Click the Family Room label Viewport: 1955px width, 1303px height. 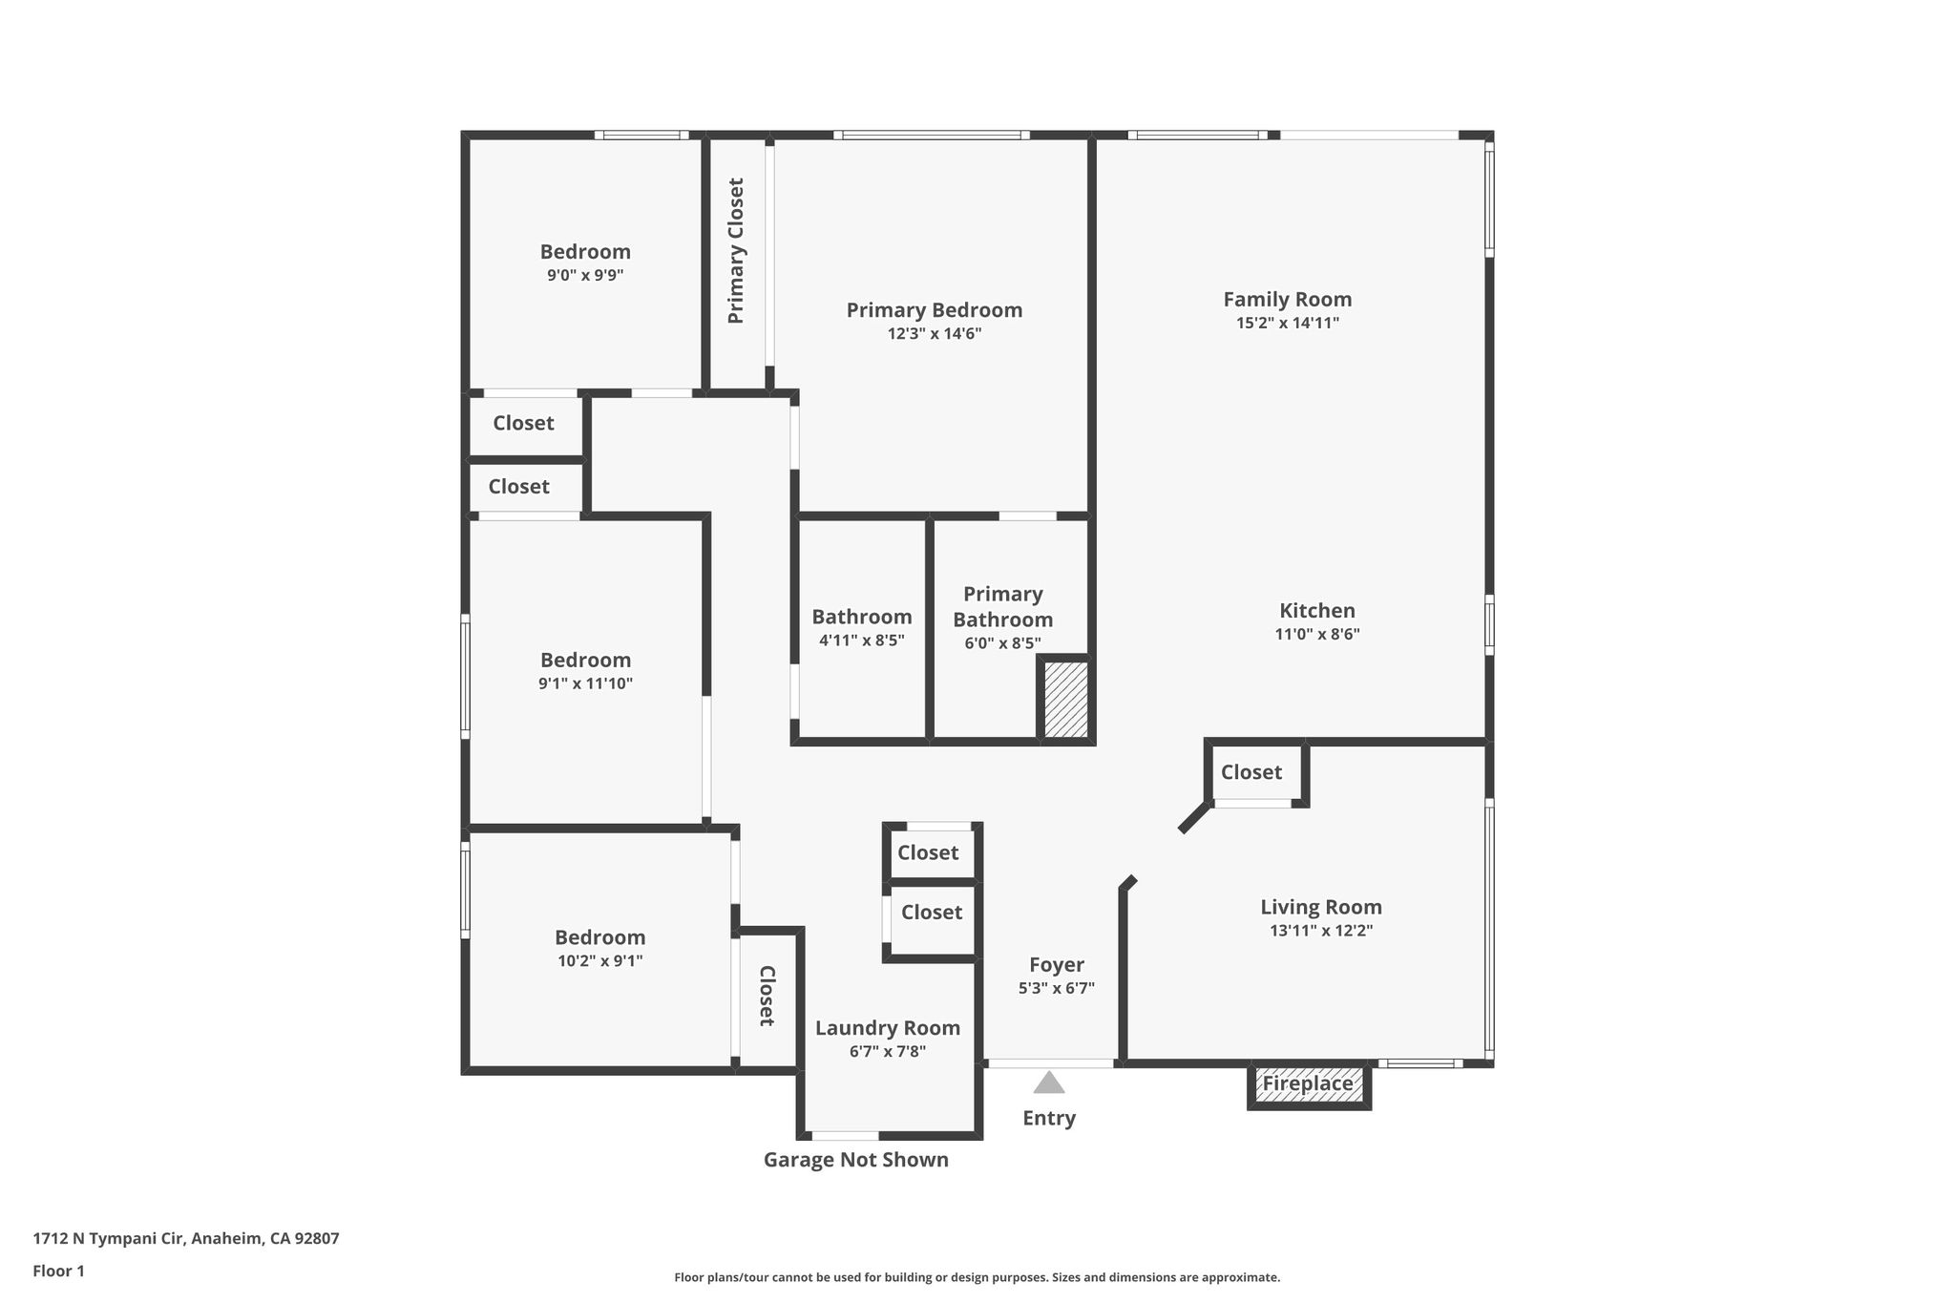click(1288, 299)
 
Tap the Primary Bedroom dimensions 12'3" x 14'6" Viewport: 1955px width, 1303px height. click(935, 334)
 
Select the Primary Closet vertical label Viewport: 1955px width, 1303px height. click(736, 251)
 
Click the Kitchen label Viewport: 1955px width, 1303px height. click(1317, 611)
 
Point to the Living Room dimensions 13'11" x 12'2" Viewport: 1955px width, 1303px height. click(1321, 931)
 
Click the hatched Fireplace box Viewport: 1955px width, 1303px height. click(1309, 1085)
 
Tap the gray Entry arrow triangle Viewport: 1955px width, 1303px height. click(1049, 1082)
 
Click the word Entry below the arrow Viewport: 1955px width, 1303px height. click(1049, 1118)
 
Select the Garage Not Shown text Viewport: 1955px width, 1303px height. click(856, 1160)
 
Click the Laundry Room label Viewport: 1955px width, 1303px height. click(888, 1028)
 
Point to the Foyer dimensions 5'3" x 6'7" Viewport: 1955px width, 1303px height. click(1057, 989)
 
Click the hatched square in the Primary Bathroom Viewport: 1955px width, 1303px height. click(1065, 700)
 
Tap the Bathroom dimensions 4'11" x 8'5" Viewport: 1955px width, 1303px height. click(862, 641)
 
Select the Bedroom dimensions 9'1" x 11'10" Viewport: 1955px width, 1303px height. click(586, 683)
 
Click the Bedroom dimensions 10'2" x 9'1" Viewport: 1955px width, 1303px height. click(600, 961)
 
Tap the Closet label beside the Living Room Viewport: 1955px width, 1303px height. click(1251, 772)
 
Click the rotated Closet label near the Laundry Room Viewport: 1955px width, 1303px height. click(766, 996)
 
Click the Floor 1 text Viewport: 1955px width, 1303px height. click(58, 1271)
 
